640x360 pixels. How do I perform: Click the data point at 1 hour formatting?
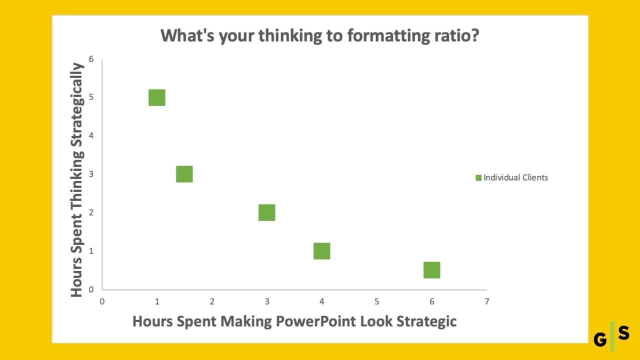157,97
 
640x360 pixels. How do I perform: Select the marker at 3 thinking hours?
184,174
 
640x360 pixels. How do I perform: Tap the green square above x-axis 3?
267,212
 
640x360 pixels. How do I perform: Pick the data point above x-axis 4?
321,251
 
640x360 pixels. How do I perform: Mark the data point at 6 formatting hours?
431,270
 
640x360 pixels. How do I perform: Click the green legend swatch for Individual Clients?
478,177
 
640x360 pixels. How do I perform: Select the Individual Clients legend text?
515,177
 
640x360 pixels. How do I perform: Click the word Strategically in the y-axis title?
77,104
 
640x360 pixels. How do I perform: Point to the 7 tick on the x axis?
487,301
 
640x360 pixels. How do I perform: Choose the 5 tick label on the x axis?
377,301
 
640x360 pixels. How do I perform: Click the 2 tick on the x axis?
212,301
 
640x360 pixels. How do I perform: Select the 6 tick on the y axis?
91,59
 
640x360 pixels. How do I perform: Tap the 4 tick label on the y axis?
91,135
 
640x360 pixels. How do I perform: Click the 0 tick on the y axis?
91,289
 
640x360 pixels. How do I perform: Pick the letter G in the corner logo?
600,339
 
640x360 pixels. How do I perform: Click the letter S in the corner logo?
623,333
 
